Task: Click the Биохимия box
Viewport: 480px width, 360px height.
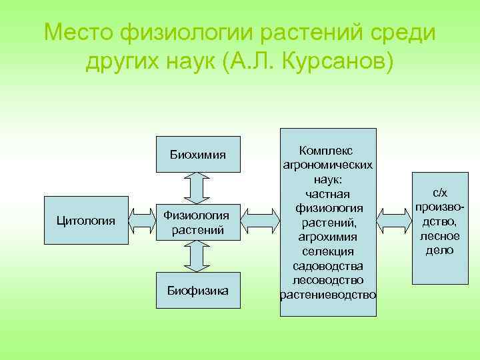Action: click(197, 155)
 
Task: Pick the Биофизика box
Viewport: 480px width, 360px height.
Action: click(197, 290)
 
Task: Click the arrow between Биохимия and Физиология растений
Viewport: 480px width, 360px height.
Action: click(197, 186)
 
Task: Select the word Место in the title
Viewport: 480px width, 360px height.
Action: click(78, 31)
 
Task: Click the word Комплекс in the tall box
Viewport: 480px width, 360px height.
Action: click(327, 151)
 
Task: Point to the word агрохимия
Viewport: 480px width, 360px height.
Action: click(327, 237)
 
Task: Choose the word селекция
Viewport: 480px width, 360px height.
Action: click(327, 251)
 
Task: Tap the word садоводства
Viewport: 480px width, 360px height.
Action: click(327, 266)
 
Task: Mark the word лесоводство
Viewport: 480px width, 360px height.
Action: click(327, 280)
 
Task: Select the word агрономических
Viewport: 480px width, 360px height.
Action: click(327, 165)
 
